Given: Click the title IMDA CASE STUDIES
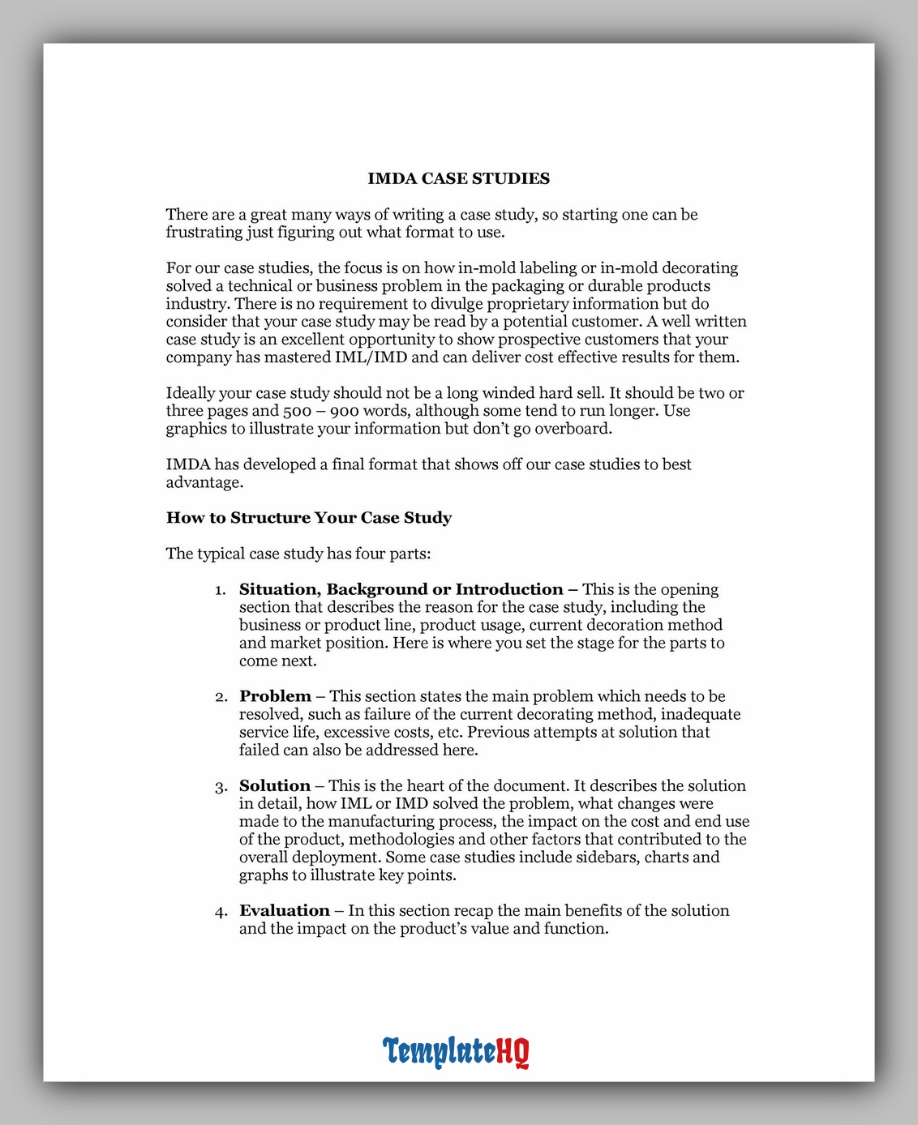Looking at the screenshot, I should (458, 178).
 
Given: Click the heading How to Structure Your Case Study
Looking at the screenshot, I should (308, 518).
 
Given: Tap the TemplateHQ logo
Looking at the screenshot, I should (456, 1051).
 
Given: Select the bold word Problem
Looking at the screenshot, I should (275, 696).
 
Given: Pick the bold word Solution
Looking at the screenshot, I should (275, 785).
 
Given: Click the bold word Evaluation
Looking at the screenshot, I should (285, 910).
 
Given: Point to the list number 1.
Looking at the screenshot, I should (220, 590).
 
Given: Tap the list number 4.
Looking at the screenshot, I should (221, 912).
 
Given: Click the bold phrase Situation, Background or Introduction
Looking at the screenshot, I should (401, 589).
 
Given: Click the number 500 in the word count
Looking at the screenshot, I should (297, 411).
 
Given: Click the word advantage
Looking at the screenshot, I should (204, 483).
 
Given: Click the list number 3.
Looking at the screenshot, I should (221, 787).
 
